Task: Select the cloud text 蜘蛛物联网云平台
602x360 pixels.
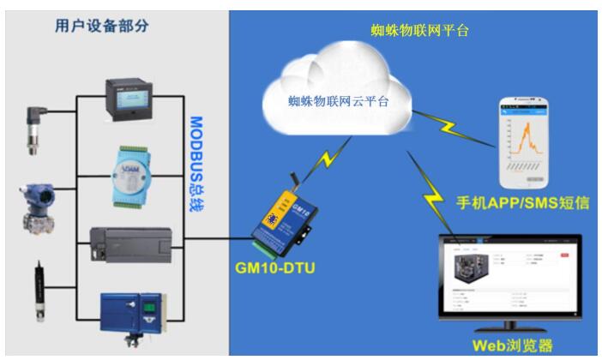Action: pos(338,101)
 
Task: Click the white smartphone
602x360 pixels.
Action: pos(526,142)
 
